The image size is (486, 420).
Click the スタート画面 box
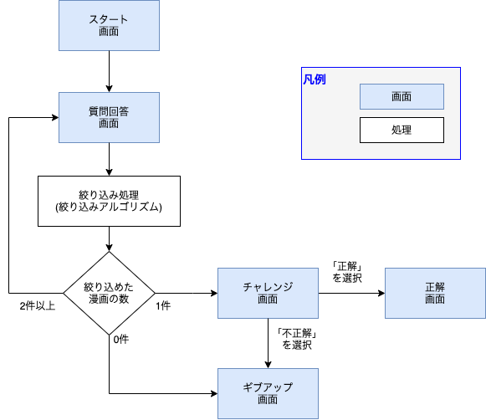tap(109, 25)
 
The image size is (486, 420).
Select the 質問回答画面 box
tap(109, 117)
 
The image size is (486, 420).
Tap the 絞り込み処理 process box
tap(109, 201)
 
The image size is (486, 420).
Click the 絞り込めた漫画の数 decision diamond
tap(109, 293)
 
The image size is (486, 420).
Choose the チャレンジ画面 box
tap(268, 293)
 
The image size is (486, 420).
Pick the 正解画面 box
tap(435, 293)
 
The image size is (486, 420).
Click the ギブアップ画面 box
tap(268, 393)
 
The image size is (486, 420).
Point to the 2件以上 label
tap(38, 305)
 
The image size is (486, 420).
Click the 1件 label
tap(163, 305)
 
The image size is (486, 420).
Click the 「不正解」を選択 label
tap(296, 338)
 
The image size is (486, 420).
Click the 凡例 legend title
tap(315, 79)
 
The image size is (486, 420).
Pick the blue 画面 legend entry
tap(402, 97)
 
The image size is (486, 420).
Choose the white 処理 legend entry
tap(402, 131)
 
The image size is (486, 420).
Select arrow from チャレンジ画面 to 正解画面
tap(351, 293)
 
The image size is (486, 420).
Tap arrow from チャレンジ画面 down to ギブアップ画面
tap(268, 343)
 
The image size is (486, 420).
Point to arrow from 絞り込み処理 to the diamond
tap(109, 238)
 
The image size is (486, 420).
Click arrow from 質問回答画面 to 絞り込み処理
tap(109, 159)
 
